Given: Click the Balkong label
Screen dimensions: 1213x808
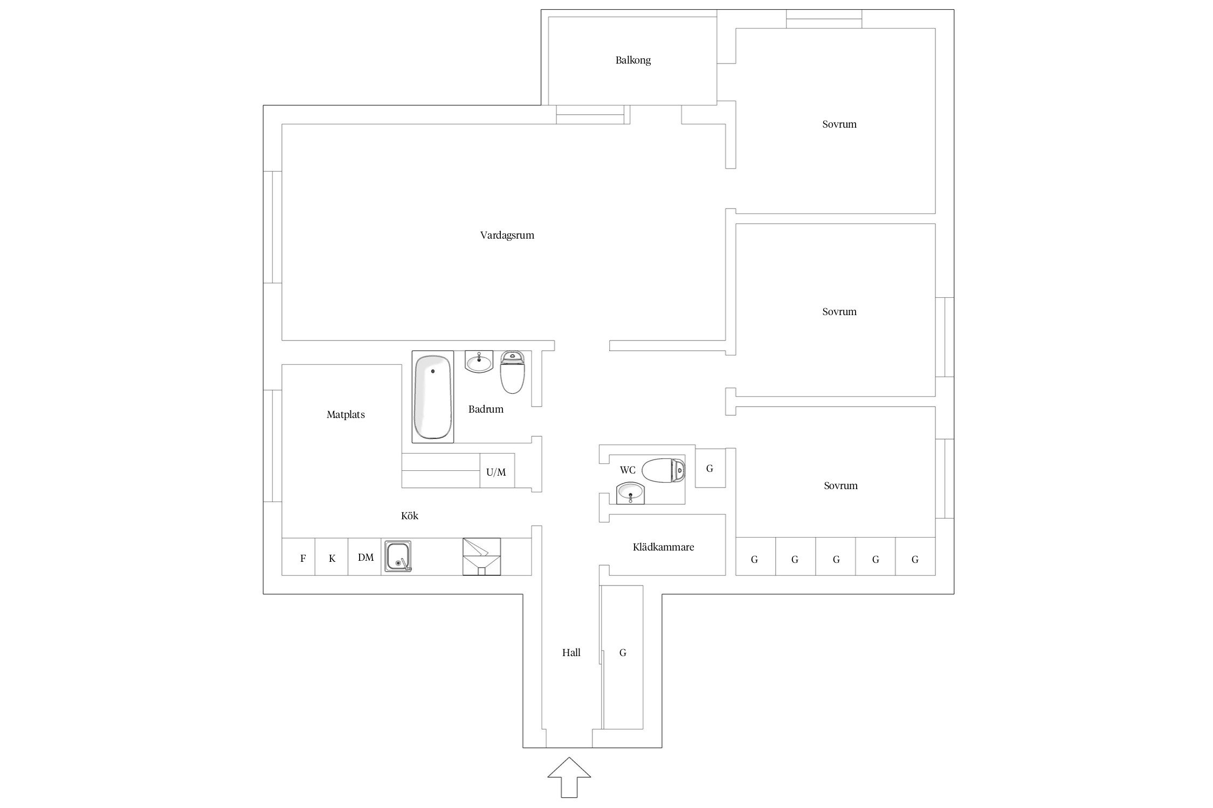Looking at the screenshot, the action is [x=633, y=60].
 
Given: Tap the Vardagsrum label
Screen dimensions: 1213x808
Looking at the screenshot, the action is [x=507, y=235].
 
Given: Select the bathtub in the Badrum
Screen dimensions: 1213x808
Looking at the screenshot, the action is [x=433, y=397].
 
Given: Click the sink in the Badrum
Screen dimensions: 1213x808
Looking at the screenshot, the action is [x=479, y=361].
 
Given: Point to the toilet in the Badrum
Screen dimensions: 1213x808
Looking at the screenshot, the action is [x=512, y=372].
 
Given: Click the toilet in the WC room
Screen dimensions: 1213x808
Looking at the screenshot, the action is [x=664, y=470].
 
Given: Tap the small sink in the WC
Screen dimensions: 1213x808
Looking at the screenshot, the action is [x=630, y=493].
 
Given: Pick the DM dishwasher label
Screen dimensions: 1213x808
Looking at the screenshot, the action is [x=366, y=558].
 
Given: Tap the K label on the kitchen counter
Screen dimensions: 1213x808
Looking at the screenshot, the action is [x=332, y=559].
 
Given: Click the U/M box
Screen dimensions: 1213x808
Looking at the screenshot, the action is [x=497, y=471].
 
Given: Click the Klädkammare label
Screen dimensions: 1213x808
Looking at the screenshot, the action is [x=663, y=547].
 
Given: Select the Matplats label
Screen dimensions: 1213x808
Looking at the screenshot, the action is [x=346, y=415].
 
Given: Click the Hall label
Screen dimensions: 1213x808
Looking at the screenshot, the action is [x=571, y=653].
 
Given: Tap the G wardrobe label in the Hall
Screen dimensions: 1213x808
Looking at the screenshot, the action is [x=623, y=653].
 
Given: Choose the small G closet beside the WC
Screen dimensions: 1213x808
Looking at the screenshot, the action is [x=710, y=468].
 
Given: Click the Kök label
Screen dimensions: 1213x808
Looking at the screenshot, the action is [x=410, y=516].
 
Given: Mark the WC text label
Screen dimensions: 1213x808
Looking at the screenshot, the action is [x=628, y=470].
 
